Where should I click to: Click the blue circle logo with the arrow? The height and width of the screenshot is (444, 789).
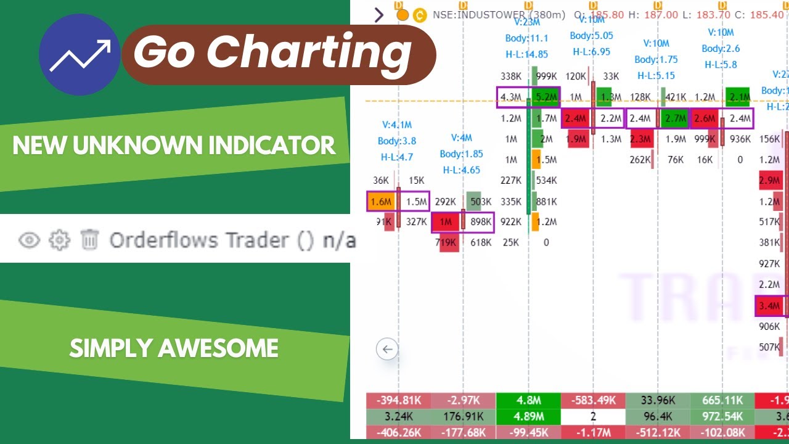click(80, 55)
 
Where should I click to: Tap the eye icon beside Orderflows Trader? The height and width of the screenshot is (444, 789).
click(28, 239)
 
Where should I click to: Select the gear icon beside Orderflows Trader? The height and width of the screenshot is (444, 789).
click(59, 239)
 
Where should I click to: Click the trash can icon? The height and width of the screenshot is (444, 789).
click(90, 239)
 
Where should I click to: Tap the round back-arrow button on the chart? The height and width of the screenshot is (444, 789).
click(387, 350)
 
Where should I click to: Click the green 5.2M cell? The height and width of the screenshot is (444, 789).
click(546, 97)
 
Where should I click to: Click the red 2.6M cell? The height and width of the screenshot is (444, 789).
click(705, 118)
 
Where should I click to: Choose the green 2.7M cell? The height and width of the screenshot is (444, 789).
click(676, 118)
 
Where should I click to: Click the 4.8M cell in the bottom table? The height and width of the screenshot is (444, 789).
click(528, 400)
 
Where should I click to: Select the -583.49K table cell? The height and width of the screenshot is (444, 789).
click(593, 400)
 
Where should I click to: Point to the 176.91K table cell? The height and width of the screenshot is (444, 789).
click(463, 416)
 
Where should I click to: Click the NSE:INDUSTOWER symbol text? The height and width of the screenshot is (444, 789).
click(478, 14)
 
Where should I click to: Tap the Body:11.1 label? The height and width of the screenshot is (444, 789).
click(526, 38)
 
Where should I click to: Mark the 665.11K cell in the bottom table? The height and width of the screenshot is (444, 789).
click(723, 400)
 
